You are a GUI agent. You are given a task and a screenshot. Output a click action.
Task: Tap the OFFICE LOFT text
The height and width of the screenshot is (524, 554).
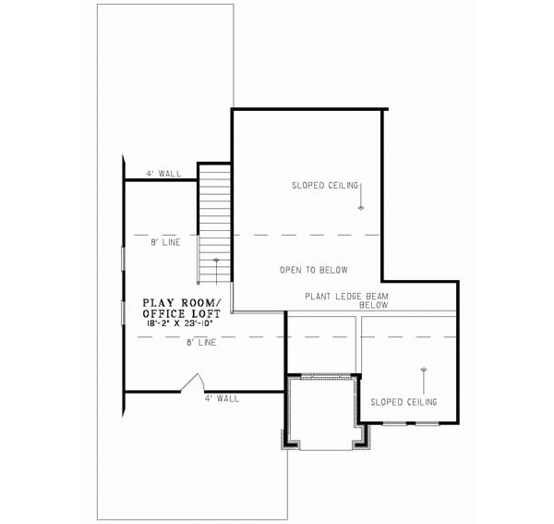coord(182,314)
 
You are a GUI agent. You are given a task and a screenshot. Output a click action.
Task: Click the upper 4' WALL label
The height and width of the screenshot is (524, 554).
coord(163,174)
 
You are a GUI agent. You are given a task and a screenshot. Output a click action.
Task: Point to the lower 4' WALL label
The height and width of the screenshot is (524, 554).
coord(222,398)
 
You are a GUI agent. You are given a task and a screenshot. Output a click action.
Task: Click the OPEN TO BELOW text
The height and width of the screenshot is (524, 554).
coord(314,271)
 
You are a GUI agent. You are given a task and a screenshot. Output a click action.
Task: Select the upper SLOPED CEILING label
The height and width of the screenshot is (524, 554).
coord(324,186)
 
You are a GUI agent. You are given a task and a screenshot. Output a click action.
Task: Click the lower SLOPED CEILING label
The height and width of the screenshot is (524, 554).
coord(403,402)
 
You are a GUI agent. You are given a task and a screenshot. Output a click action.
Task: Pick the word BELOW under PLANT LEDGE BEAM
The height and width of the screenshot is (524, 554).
coord(373,305)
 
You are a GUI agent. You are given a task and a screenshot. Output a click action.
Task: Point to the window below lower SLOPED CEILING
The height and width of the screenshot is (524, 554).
coord(412,423)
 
